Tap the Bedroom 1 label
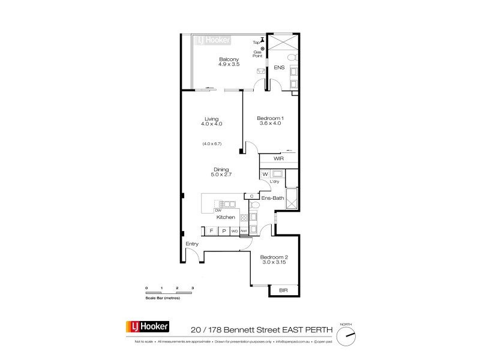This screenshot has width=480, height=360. click(x=269, y=119)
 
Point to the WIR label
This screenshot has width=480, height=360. click(x=278, y=160)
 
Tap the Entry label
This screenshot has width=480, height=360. click(x=192, y=244)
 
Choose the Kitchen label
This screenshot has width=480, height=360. click(x=226, y=217)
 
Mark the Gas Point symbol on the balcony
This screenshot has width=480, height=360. click(x=262, y=48)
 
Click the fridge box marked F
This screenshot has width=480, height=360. click(x=211, y=231)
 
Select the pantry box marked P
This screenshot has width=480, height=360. click(x=223, y=231)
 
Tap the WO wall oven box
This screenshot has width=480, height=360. click(x=235, y=231)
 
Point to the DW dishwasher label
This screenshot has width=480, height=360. click(x=218, y=211)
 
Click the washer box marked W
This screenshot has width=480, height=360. click(x=265, y=175)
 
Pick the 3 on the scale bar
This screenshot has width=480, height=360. click(x=193, y=289)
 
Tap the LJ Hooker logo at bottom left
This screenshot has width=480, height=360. click(x=148, y=327)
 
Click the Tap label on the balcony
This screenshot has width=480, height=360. click(x=256, y=42)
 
